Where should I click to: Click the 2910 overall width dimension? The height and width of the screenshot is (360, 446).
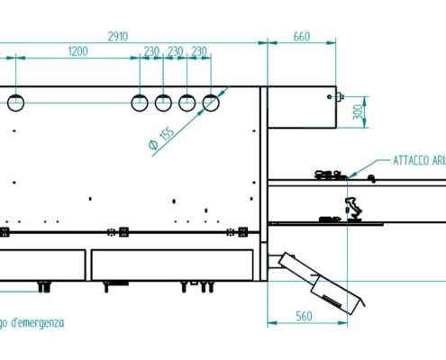pyautogui.click(x=117, y=36)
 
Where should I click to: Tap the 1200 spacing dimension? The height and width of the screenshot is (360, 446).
pyautogui.click(x=77, y=52)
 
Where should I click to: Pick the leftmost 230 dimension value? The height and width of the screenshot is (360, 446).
pyautogui.click(x=151, y=52)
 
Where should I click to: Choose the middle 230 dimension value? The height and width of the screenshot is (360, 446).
pyautogui.click(x=176, y=52)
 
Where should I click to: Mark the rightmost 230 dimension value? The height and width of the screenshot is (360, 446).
pyautogui.click(x=199, y=52)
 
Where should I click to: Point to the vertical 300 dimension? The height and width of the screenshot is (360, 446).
pyautogui.click(x=357, y=112)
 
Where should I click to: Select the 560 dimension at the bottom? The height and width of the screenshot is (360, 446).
pyautogui.click(x=302, y=316)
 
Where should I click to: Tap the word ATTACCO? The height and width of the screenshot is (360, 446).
pyautogui.click(x=410, y=161)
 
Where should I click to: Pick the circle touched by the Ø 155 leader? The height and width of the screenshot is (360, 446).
pyautogui.click(x=210, y=103)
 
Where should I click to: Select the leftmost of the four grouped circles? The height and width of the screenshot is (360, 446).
pyautogui.click(x=140, y=103)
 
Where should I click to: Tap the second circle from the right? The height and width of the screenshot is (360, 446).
pyautogui.click(x=187, y=103)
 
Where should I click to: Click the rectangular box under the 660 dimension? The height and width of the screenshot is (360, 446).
pyautogui.click(x=302, y=108)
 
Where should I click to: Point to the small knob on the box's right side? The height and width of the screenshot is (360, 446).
pyautogui.click(x=339, y=94)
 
